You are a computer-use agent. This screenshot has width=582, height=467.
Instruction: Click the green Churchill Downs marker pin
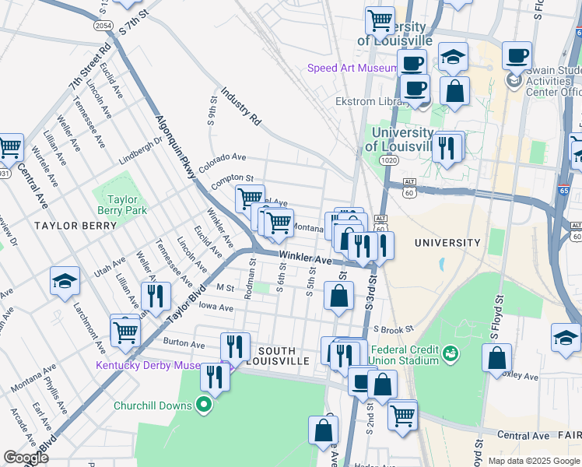[204, 405]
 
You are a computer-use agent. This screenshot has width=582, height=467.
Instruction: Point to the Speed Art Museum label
[352, 68]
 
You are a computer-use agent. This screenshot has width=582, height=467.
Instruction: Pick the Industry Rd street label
[240, 107]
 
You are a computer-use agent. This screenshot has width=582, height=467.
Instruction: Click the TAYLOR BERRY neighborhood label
[75, 225]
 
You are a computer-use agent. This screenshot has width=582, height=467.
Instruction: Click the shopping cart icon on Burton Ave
[124, 332]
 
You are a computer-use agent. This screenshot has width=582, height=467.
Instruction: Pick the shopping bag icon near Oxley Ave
[496, 359]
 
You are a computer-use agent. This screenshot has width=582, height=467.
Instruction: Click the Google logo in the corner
[26, 458]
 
